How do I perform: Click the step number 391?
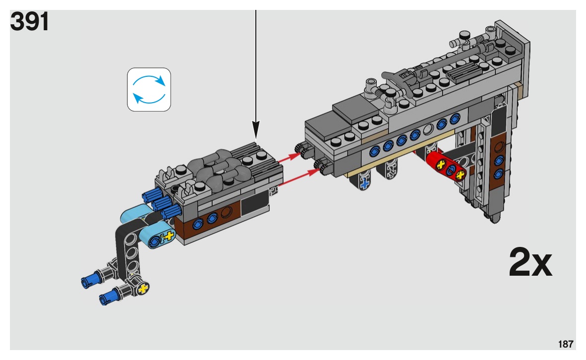pos(30,22)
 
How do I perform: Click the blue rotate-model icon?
pos(149,89)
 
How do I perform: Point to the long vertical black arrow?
pos(256,69)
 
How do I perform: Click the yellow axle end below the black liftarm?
pos(144,288)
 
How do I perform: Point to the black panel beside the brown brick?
pos(254,204)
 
